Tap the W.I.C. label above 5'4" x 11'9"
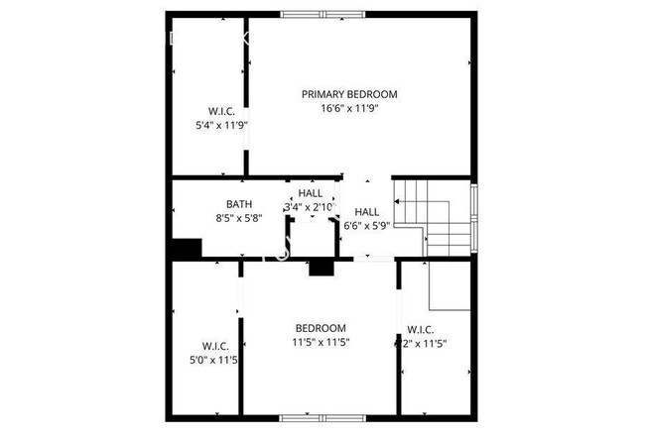220,110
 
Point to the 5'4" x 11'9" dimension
220,125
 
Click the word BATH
238,204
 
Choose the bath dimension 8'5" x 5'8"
238,219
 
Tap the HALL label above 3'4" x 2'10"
311,193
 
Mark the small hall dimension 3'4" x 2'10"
311,208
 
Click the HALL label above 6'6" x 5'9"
366,211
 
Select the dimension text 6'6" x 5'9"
366,226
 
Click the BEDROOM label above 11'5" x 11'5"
321,328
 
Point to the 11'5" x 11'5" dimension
321,343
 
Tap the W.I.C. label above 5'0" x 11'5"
215,346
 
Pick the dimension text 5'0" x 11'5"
215,360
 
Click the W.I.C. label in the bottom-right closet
421,329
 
